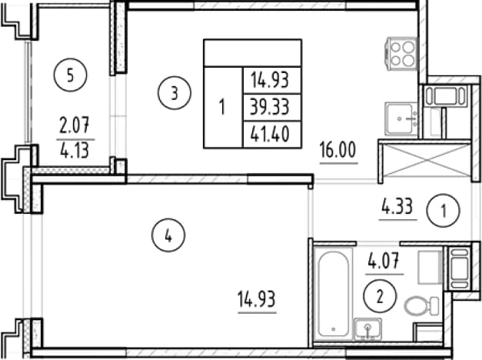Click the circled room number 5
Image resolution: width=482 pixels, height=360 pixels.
(x=71, y=75)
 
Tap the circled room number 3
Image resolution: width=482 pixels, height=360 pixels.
(x=175, y=93)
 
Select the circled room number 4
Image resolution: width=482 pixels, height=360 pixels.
(x=168, y=235)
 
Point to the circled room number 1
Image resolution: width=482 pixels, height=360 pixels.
(x=443, y=211)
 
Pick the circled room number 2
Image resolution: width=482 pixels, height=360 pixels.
(x=380, y=296)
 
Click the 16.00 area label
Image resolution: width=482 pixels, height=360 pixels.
(x=337, y=149)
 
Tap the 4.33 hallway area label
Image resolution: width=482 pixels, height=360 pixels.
(x=397, y=206)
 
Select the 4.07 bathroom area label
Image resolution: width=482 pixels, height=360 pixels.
(x=384, y=261)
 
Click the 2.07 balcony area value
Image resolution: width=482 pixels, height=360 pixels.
(x=74, y=126)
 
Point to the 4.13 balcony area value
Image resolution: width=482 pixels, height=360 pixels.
(x=75, y=151)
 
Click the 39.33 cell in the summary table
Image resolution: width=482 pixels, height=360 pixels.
(x=270, y=107)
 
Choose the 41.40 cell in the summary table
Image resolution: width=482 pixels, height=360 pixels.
(x=270, y=134)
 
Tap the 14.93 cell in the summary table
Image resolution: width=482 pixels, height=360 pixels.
(x=270, y=80)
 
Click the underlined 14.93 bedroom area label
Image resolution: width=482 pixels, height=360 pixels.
(x=257, y=299)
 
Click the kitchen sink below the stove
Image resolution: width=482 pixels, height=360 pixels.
(x=401, y=118)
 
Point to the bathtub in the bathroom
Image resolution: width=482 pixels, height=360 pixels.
(x=333, y=295)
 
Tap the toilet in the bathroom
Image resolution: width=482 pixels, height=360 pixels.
(x=421, y=305)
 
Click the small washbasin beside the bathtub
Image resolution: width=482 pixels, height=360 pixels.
(x=368, y=328)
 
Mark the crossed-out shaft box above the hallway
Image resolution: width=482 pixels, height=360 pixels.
(x=427, y=160)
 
